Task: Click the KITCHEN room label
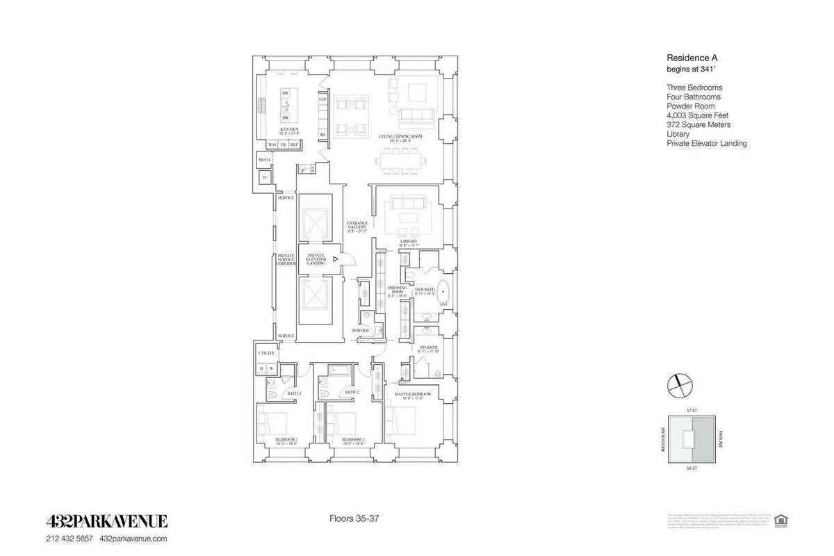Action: pyautogui.click(x=289, y=129)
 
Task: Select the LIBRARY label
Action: pyautogui.click(x=407, y=241)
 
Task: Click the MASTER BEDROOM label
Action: pyautogui.click(x=413, y=394)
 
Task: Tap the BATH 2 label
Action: pyautogui.click(x=352, y=393)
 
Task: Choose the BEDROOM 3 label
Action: pyautogui.click(x=286, y=439)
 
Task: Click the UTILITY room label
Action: pyautogui.click(x=267, y=353)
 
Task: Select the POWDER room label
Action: pyautogui.click(x=361, y=330)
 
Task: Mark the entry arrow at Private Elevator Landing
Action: pyautogui.click(x=336, y=259)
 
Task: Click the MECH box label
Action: pyautogui.click(x=264, y=160)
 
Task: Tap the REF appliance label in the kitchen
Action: pyautogui.click(x=294, y=145)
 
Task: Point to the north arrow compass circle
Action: pyautogui.click(x=678, y=383)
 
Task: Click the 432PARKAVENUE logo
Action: pyautogui.click(x=106, y=521)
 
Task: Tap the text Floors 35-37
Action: pyautogui.click(x=354, y=518)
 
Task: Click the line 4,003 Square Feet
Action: pyautogui.click(x=696, y=115)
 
